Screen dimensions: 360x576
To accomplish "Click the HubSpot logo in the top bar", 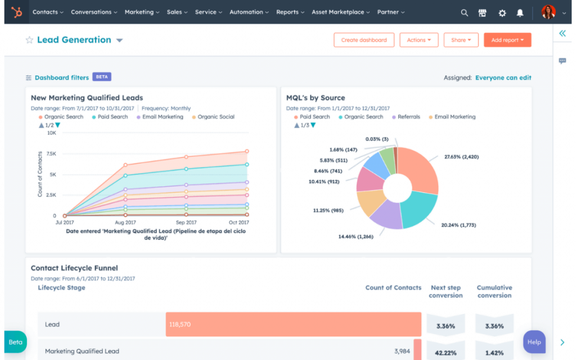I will (x=17, y=12).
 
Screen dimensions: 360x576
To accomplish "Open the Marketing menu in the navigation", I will (x=142, y=12).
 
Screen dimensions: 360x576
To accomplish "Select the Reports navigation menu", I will (x=290, y=12).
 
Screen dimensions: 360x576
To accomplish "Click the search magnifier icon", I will (x=464, y=12).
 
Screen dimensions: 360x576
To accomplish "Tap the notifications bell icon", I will (x=520, y=12).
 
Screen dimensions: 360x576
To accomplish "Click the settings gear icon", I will (x=502, y=12).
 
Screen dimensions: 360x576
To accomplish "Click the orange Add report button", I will (x=507, y=40).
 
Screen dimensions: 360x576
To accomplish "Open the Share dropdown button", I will (x=461, y=40).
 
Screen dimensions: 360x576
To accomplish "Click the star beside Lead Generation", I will (x=29, y=40).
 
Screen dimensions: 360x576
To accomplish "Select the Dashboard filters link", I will (x=61, y=78).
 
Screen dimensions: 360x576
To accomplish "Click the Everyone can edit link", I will (x=503, y=78).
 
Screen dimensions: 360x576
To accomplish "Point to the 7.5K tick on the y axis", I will (x=51, y=154).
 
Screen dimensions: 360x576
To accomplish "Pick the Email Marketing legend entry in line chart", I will (x=163, y=117).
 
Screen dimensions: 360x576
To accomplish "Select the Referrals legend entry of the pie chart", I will (x=408, y=117).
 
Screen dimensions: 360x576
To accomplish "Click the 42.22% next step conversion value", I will (x=445, y=352).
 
